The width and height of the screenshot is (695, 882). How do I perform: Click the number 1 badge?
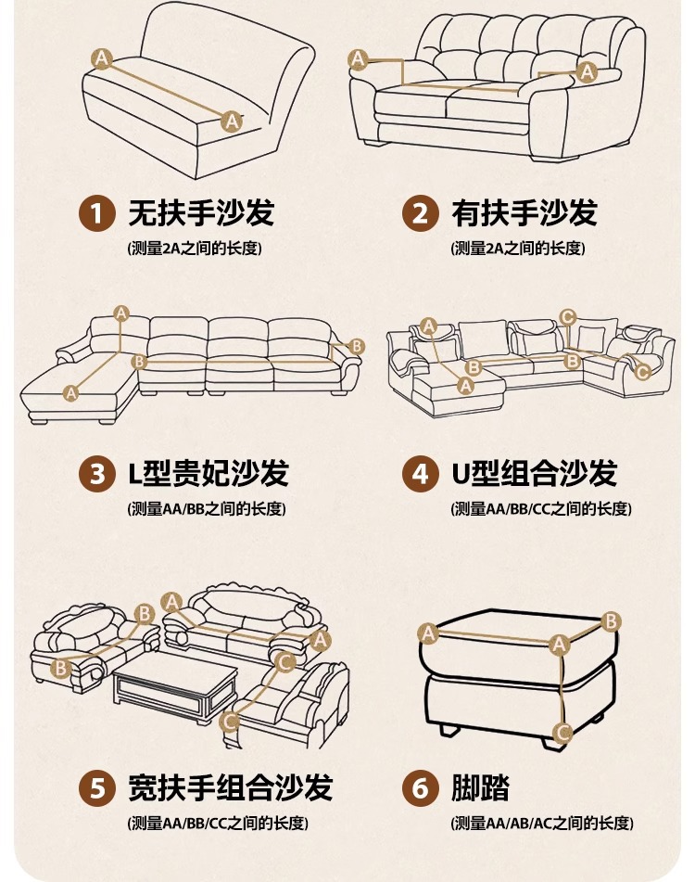tap(96, 213)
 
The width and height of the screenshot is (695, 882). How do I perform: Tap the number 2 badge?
tap(420, 213)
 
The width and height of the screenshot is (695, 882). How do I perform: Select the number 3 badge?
tap(96, 474)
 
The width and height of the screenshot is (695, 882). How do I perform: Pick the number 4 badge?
tap(420, 474)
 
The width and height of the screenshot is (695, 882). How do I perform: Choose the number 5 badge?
tap(96, 787)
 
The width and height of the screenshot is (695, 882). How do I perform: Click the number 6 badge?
tap(420, 787)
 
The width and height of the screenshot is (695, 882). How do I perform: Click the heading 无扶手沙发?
tap(201, 212)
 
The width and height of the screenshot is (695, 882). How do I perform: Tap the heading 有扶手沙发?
tap(524, 212)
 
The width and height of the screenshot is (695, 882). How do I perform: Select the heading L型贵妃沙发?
tap(208, 473)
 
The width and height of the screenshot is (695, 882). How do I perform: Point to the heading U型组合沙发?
tap(535, 473)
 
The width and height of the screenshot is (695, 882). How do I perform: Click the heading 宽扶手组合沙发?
tap(231, 787)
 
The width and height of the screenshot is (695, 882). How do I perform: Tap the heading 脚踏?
tap(480, 787)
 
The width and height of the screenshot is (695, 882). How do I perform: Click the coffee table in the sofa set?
tap(175, 685)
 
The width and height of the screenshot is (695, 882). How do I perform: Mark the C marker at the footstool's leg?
tap(562, 733)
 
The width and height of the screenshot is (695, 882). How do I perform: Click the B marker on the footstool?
tap(611, 621)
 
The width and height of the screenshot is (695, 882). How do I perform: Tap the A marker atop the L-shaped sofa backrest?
tap(121, 313)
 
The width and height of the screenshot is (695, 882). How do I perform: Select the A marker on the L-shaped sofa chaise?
tap(70, 393)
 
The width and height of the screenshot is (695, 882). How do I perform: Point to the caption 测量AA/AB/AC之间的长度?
tap(542, 824)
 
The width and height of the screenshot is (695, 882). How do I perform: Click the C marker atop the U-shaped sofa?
tap(567, 317)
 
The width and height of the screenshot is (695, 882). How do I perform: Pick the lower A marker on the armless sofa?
tap(232, 121)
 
